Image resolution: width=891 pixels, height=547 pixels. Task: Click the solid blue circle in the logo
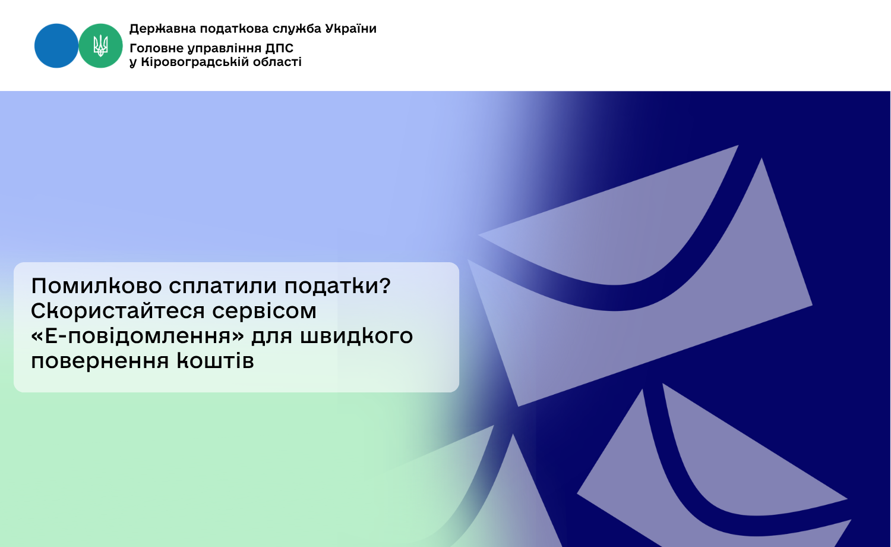pos(56,46)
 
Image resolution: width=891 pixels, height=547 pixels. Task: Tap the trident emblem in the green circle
pos(100,45)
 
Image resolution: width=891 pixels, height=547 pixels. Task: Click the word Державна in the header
pos(163,29)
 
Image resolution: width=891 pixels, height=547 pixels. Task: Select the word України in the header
pos(351,29)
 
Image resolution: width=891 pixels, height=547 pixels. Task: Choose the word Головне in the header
pos(156,49)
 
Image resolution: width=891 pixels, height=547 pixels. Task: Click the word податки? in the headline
pos(337,286)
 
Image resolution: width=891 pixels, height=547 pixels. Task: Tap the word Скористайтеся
pos(118,311)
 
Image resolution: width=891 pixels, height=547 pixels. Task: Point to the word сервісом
pos(264,311)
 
